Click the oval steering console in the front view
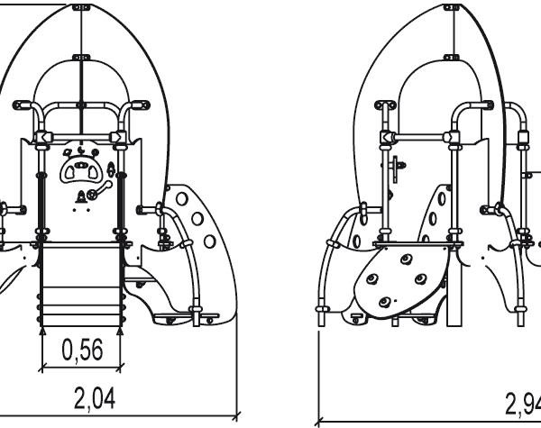coord(82,168)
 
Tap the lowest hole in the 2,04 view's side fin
coord(209,241)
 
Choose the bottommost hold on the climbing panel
coord(386,302)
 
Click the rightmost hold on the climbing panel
coord(421,278)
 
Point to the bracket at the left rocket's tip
coord(81,7)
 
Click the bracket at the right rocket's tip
coord(453,7)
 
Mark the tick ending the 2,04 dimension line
coord(236,416)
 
